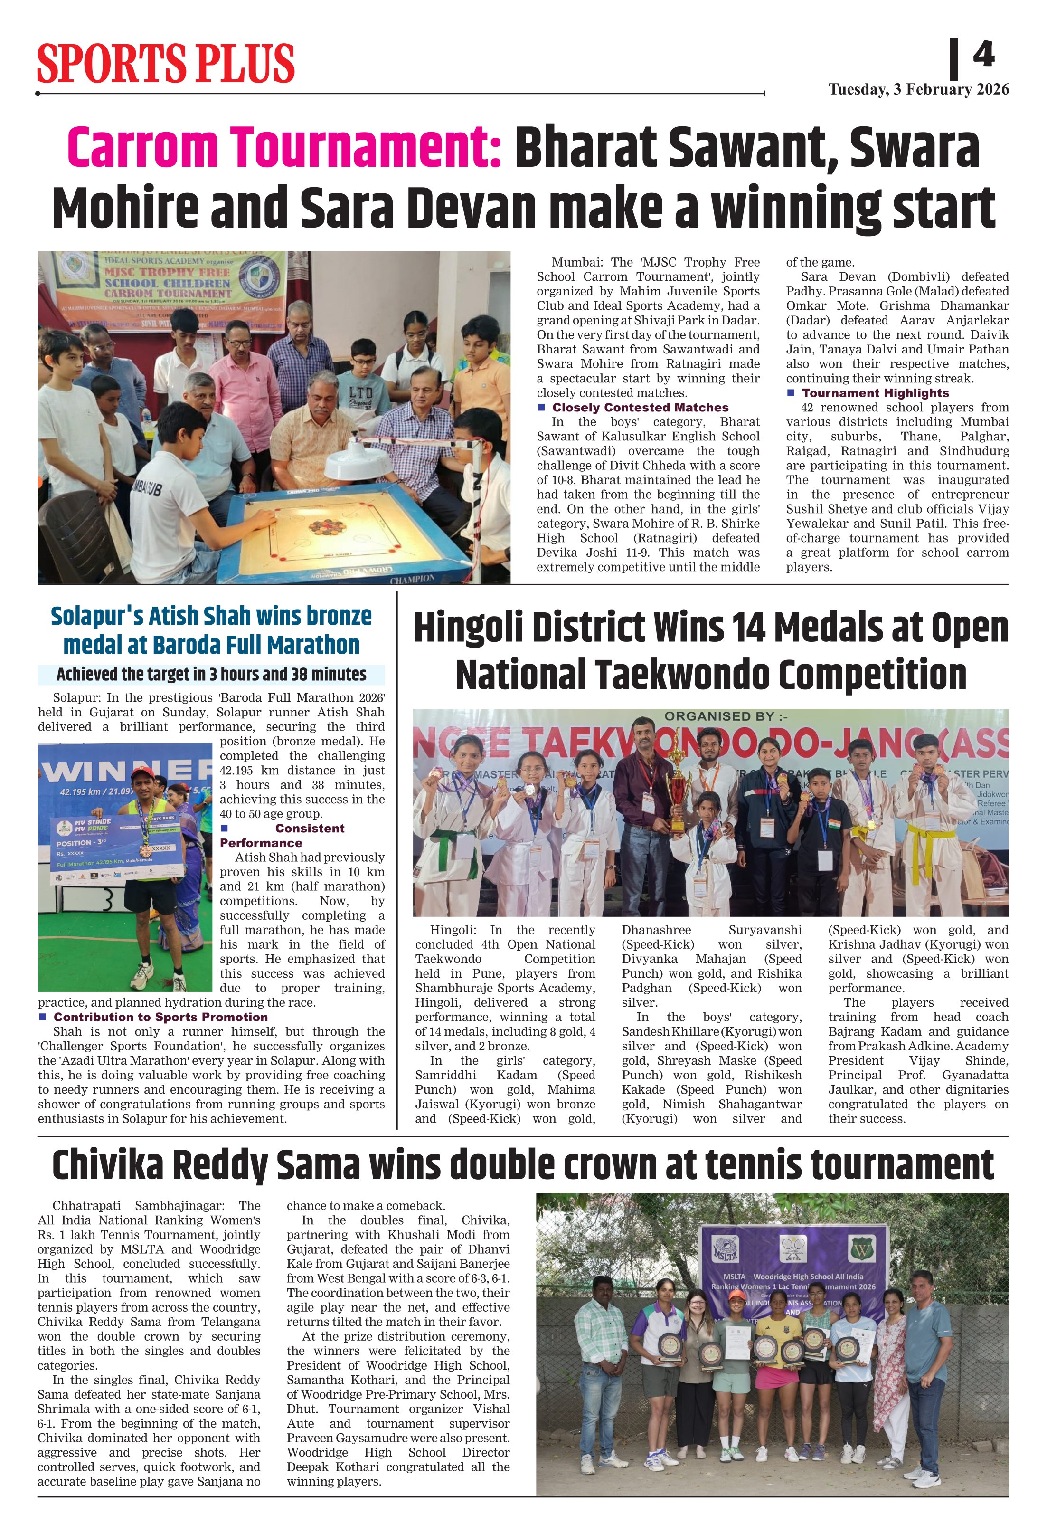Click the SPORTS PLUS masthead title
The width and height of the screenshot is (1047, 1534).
click(166, 63)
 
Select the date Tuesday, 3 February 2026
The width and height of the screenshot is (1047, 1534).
click(918, 90)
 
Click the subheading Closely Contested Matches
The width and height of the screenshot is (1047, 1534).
click(640, 407)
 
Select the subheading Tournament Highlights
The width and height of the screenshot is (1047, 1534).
click(875, 393)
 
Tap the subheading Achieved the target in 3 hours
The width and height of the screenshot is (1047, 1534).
click(211, 674)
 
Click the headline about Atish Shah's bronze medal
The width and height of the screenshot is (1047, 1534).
click(211, 630)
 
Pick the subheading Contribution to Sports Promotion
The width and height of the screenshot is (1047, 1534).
click(160, 1017)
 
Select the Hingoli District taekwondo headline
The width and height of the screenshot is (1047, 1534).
click(710, 651)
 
